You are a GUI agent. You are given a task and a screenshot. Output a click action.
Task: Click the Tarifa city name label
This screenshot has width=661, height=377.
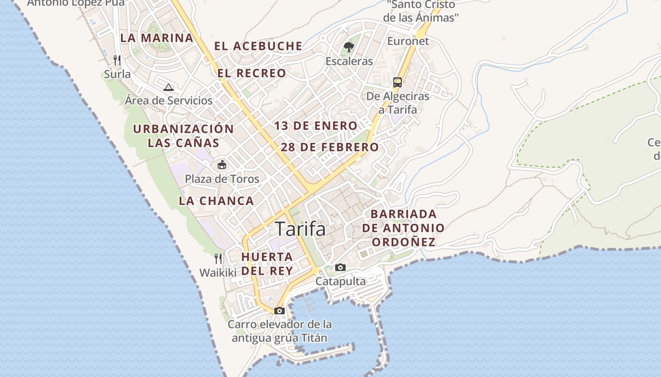tap(300, 229)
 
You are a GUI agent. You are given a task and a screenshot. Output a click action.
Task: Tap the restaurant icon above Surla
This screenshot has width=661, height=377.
tap(117, 60)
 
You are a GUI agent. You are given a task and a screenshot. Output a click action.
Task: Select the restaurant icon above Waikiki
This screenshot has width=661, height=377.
tap(218, 259)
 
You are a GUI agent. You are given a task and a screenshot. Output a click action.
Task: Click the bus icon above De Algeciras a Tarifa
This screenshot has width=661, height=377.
tap(398, 82)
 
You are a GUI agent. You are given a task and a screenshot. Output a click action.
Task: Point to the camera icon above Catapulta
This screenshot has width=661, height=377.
tap(340, 268)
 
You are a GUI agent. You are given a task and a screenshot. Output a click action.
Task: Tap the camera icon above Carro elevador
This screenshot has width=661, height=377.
tap(280, 311)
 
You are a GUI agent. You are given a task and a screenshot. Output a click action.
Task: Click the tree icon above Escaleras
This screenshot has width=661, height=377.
tap(349, 47)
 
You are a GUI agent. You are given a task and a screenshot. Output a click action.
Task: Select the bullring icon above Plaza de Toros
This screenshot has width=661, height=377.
tap(221, 164)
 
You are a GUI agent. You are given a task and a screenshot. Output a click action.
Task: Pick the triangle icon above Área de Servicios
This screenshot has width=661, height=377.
tap(169, 87)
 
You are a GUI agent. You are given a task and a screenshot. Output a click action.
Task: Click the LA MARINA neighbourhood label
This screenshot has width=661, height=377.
tap(157, 38)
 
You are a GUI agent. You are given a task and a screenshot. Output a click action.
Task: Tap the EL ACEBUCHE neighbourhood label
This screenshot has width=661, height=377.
tap(258, 46)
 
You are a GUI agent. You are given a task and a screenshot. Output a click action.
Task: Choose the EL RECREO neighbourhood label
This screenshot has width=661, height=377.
tap(252, 73)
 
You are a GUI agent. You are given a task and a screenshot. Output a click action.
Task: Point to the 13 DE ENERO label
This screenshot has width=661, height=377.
tap(316, 126)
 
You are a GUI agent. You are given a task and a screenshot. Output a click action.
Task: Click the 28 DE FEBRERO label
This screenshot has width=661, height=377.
tap(330, 147)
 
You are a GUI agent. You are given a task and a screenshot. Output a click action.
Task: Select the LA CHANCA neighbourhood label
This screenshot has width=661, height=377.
tap(216, 201)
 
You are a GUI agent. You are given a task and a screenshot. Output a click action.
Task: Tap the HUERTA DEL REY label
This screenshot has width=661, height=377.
tap(267, 264)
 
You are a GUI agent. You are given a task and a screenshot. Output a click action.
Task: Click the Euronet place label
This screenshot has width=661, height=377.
tap(408, 41)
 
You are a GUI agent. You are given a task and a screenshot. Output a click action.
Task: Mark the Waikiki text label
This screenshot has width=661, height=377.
tap(217, 273)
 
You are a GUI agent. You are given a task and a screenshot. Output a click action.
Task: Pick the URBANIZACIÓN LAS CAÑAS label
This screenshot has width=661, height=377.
tap(183, 136)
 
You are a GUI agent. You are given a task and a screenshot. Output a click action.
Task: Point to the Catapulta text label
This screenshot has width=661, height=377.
tap(340, 281)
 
